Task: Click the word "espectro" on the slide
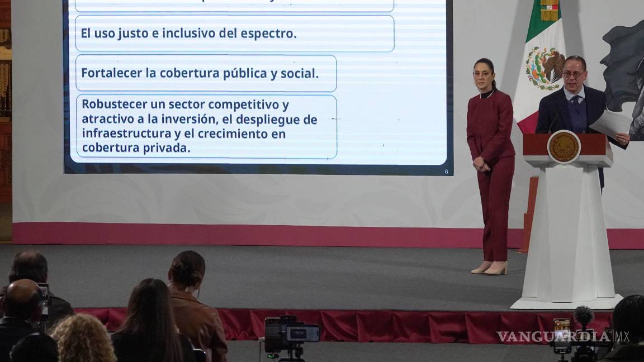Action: pos(268,33)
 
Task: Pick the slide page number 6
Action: pos(446,172)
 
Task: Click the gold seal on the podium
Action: pos(563,146)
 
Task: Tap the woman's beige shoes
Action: pos(489,269)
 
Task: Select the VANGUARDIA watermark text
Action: pos(553,337)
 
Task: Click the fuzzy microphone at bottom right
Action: pos(583,316)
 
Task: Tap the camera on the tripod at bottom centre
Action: pos(291,334)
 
